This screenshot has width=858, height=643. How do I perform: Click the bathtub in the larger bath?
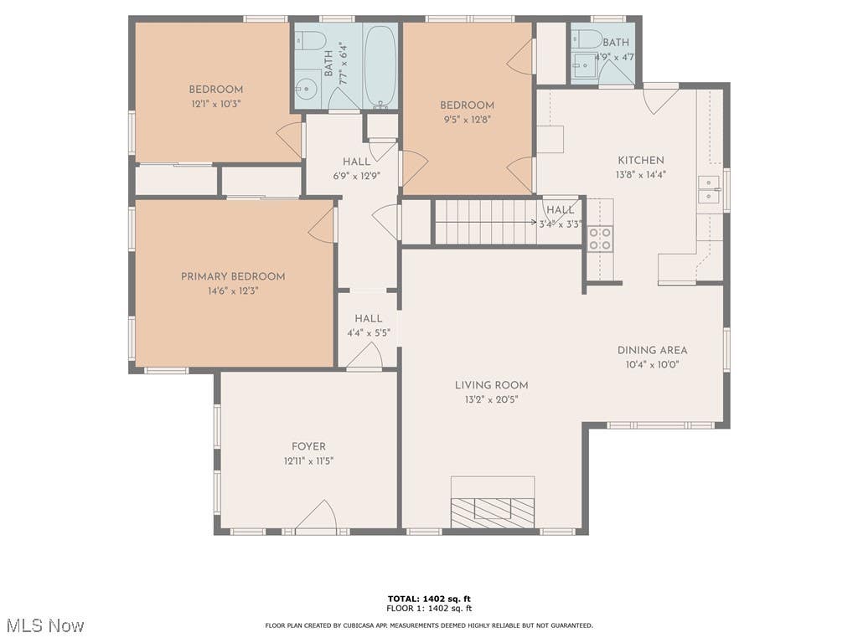click(380, 65)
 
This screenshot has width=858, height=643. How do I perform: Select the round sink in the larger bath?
click(308, 87)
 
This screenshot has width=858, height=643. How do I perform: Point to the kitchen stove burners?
click(600, 239)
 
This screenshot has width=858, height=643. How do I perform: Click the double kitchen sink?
click(709, 189)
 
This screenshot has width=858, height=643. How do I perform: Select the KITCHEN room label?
click(641, 160)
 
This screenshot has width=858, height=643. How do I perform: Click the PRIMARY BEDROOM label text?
click(233, 276)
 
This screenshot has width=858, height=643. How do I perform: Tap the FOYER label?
click(308, 447)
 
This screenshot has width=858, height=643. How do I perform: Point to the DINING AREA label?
click(652, 351)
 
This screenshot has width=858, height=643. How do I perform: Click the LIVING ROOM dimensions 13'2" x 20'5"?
click(491, 399)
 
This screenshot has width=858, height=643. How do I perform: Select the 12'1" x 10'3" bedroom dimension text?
click(216, 104)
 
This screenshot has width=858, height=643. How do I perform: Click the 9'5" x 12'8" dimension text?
click(467, 120)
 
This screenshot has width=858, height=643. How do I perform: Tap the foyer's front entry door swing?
click(316, 515)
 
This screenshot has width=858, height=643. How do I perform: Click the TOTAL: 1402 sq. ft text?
click(429, 599)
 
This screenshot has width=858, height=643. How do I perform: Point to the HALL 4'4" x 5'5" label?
click(369, 326)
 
